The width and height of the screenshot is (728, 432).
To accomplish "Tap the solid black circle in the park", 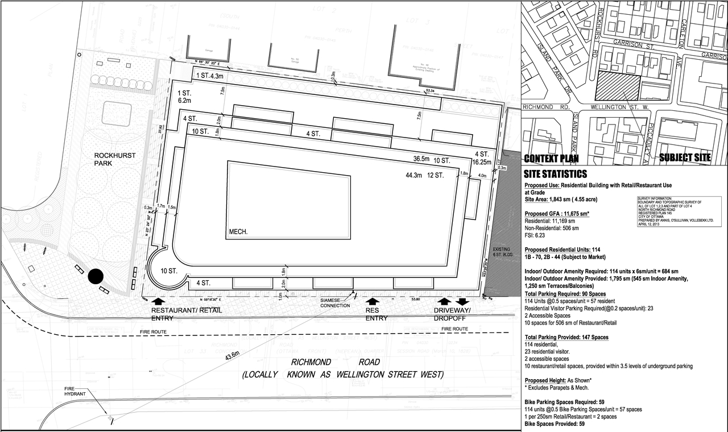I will [x=96, y=277].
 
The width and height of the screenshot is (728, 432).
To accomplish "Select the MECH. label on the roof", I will [x=238, y=232].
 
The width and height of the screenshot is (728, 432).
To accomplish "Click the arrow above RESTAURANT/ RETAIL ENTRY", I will [x=159, y=301].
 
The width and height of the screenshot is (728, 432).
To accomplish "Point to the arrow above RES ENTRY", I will [x=373, y=301].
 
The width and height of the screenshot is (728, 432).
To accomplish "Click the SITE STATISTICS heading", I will [x=556, y=174].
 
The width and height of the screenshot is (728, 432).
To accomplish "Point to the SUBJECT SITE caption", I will [x=685, y=158].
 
